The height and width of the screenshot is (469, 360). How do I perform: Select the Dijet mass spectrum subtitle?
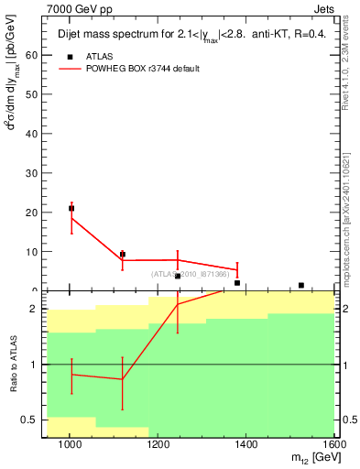pos(184,35)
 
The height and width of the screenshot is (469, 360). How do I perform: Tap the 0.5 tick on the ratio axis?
pos(29,420)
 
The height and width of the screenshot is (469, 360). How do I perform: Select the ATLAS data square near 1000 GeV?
pos(71,209)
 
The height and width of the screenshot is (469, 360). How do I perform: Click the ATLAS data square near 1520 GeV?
pos(301,285)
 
